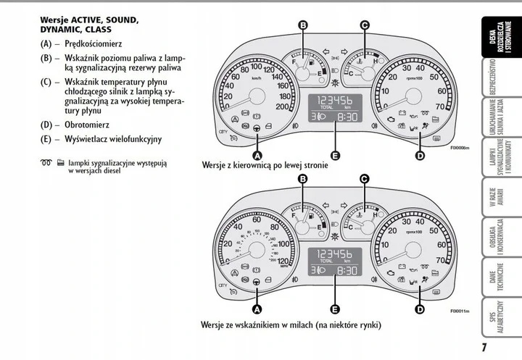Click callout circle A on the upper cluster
click(x=257, y=154)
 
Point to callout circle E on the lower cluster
click(x=334, y=309)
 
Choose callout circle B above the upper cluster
click(x=302, y=25)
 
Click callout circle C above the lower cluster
click(x=365, y=178)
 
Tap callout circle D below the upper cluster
click(x=420, y=154)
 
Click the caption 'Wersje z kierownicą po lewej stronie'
click(x=265, y=165)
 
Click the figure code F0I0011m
click(x=458, y=311)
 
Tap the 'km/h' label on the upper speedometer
click(x=257, y=78)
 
